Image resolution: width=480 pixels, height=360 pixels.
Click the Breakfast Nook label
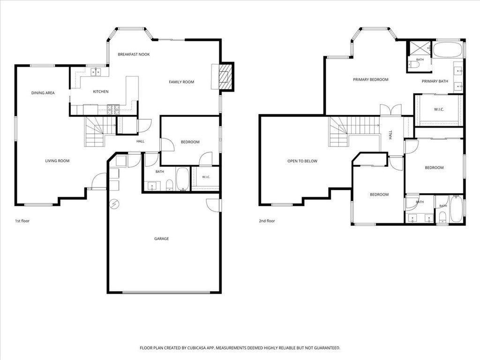pyautogui.click(x=134, y=54)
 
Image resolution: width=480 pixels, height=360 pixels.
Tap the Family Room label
pyautogui.click(x=181, y=82)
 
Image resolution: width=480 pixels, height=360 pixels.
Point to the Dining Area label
pyautogui.click(x=43, y=93)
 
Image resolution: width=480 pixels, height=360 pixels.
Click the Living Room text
pyautogui.click(x=57, y=161)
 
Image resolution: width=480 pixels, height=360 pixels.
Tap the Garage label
pyautogui.click(x=161, y=239)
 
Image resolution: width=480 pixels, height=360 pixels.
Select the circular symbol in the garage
pyautogui.click(x=114, y=203)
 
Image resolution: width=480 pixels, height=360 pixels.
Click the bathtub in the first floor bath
pyautogui.click(x=183, y=179)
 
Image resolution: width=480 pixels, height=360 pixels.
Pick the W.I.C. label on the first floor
pyautogui.click(x=206, y=177)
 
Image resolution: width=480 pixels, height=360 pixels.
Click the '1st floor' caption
pyautogui.click(x=22, y=221)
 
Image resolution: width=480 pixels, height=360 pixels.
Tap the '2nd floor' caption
pyautogui.click(x=267, y=221)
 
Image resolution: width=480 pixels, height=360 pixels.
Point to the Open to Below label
pyautogui.click(x=302, y=161)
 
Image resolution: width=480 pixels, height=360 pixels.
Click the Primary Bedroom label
pyautogui.click(x=371, y=80)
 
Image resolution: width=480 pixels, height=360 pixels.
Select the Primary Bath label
pyautogui.click(x=435, y=81)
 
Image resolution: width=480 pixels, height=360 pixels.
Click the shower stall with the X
pyautogui.click(x=419, y=49)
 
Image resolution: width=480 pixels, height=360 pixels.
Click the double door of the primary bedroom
pyautogui.click(x=390, y=110)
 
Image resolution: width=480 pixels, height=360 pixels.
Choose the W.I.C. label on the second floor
pyautogui.click(x=439, y=109)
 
